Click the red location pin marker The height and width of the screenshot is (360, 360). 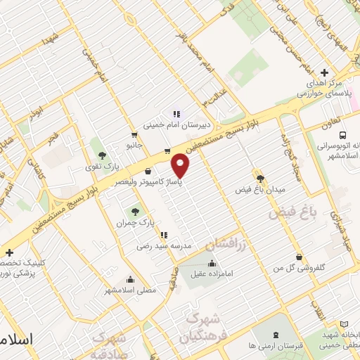click(181, 167)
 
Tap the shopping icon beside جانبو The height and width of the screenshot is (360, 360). click(134, 134)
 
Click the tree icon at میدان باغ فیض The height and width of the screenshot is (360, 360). click(259, 179)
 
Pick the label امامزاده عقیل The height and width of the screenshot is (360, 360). click(213, 275)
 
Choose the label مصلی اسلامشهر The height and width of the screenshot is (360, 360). click(129, 290)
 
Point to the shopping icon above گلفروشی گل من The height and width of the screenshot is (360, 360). click(300, 257)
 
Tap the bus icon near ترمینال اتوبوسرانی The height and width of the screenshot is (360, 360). click(342, 136)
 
